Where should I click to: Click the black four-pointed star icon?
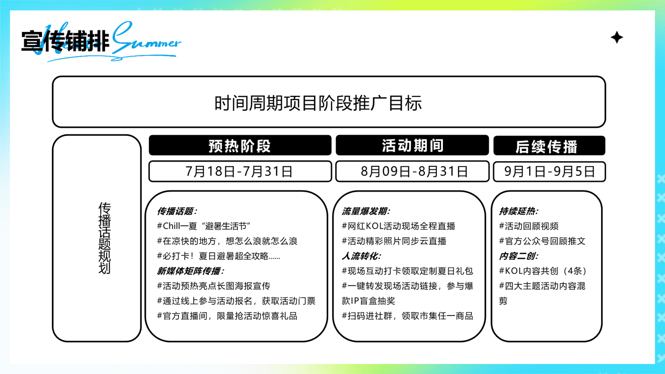(x=617, y=37)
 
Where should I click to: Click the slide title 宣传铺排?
(x=65, y=41)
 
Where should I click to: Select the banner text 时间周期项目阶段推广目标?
(x=318, y=103)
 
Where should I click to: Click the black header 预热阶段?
(x=240, y=146)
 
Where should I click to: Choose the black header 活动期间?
(x=413, y=145)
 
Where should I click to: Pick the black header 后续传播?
(x=547, y=146)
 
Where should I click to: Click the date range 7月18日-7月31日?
(x=239, y=171)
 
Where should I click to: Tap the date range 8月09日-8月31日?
(x=414, y=171)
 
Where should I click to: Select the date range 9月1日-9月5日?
(x=549, y=171)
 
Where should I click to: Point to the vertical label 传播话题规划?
(x=104, y=238)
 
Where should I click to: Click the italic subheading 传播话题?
(x=177, y=211)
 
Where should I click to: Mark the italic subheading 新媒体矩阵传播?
(x=190, y=271)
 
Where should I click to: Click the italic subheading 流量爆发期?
(x=366, y=211)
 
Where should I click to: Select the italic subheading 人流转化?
(x=361, y=256)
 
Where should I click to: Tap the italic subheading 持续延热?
(x=518, y=211)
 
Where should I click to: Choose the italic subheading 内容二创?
(x=518, y=256)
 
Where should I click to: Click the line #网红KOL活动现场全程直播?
(x=398, y=226)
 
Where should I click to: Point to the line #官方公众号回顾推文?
(x=542, y=241)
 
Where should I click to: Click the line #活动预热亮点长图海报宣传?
(x=213, y=286)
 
